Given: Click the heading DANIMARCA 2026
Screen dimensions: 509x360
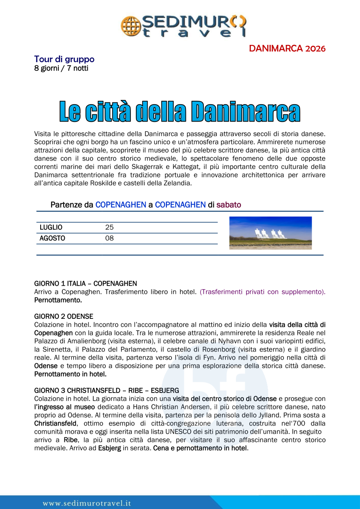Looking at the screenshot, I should point(287,48).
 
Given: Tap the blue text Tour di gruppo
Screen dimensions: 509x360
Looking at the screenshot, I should point(64,59).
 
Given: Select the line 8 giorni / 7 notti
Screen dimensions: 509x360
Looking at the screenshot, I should point(61,68).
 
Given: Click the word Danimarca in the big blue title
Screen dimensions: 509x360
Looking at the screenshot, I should point(246,111).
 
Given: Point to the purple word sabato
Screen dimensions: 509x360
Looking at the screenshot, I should point(229,205).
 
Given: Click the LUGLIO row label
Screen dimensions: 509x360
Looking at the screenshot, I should point(51,227).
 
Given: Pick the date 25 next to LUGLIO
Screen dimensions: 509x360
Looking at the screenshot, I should point(109,227).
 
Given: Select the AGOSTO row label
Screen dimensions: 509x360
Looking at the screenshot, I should point(52,238).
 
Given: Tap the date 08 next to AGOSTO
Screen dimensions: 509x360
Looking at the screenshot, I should point(109,238).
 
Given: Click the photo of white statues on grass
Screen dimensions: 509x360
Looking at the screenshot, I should point(270,233).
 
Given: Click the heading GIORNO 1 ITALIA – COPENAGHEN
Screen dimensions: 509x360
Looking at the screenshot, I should point(86,283).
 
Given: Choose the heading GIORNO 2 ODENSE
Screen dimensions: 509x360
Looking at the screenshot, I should point(64,316).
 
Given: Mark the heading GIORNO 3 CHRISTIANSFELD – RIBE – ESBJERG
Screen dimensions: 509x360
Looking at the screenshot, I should point(106,390).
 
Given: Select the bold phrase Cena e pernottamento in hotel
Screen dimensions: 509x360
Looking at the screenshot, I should point(200,448).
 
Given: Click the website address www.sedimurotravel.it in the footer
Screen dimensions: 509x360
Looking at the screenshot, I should point(87,503).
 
